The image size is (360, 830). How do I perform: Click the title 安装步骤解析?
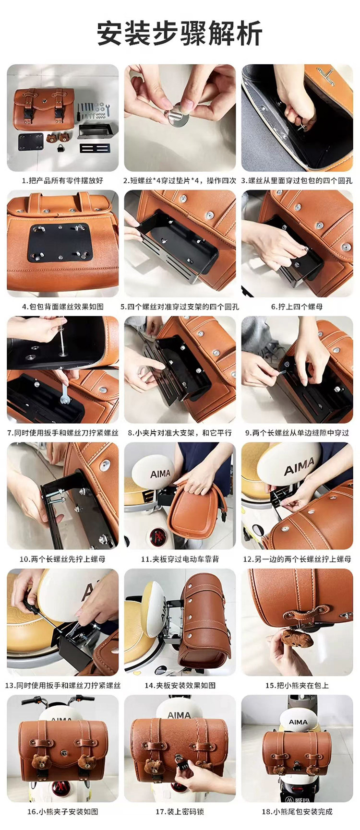180,33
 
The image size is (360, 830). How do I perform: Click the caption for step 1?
62,181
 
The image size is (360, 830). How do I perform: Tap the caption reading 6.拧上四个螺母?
297,307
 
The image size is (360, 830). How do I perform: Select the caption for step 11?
180,559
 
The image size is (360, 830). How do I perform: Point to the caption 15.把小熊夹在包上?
297,685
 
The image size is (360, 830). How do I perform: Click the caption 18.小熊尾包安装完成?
297,811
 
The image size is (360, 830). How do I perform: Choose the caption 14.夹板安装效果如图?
180,685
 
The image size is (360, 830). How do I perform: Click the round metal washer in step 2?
176,116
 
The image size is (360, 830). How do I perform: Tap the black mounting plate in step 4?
60,242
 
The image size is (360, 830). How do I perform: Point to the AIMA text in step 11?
160,474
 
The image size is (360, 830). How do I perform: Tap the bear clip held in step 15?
297,638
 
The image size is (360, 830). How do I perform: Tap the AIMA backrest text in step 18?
298,722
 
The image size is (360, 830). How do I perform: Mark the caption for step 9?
297,433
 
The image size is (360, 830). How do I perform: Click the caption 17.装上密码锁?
180,811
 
